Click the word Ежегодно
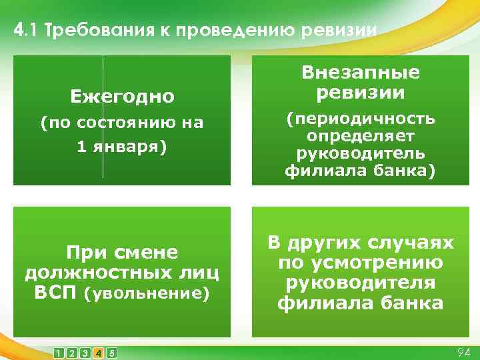122,97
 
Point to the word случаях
413,243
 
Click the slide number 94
463,351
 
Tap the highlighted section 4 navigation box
98,352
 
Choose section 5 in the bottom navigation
111,352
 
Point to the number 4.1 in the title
25,31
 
